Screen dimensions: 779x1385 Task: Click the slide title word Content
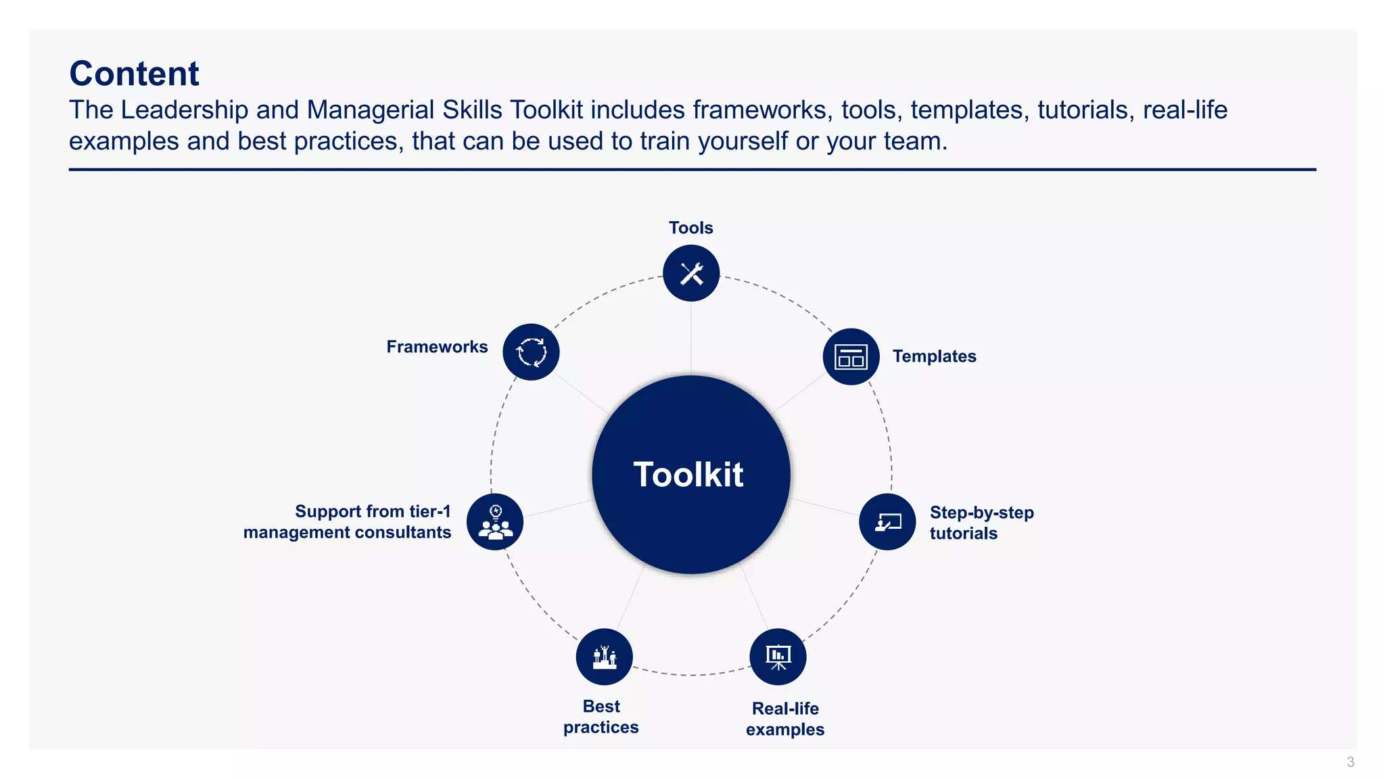point(134,73)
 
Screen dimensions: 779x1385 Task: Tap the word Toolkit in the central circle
point(688,474)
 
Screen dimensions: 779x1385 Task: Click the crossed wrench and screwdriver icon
point(691,273)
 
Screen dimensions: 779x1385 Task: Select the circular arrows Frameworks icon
point(531,352)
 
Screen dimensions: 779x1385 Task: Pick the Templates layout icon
point(851,356)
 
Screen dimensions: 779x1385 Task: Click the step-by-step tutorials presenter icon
point(887,521)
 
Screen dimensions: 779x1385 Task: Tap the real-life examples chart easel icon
point(778,656)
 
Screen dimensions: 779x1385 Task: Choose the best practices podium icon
point(604,657)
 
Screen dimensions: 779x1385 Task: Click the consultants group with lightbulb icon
point(495,521)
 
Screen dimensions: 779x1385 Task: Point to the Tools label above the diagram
point(690,228)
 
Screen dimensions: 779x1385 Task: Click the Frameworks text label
point(437,347)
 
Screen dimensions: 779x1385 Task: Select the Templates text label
point(934,356)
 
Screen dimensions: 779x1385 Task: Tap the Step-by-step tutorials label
point(981,523)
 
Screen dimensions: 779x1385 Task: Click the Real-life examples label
point(785,719)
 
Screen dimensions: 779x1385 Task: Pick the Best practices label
point(601,717)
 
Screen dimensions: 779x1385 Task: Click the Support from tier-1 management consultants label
point(347,521)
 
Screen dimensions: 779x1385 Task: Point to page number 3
point(1350,762)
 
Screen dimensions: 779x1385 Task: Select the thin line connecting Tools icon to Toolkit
point(691,338)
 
